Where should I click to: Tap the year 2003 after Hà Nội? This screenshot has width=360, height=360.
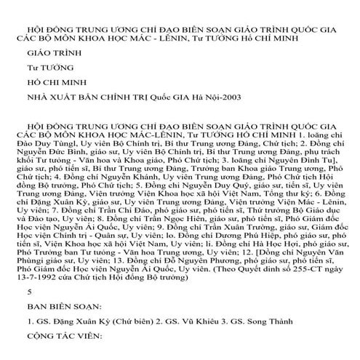tap(223, 96)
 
